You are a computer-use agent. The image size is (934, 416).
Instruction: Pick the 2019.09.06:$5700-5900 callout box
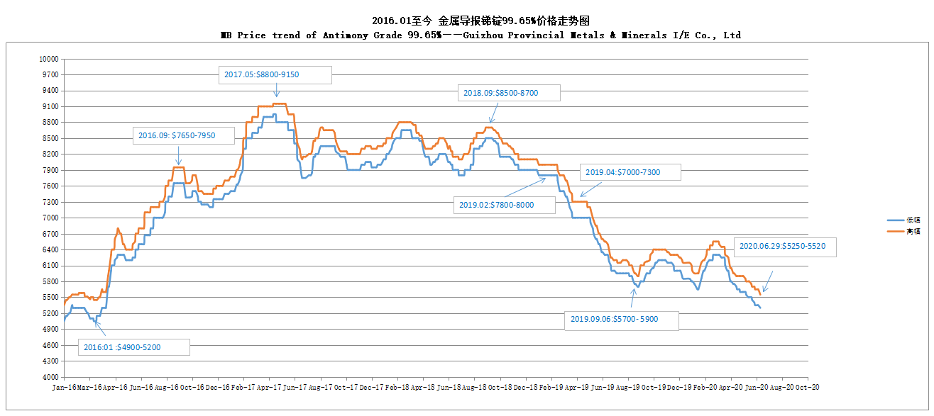pos(621,320)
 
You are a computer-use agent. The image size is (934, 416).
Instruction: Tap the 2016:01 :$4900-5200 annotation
pos(134,347)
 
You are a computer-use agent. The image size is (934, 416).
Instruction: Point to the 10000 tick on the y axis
pos(49,59)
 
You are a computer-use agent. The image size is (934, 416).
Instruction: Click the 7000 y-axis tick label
pos(50,218)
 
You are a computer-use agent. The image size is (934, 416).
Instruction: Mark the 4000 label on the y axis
pos(50,377)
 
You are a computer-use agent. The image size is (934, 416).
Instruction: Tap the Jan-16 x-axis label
pos(64,388)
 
